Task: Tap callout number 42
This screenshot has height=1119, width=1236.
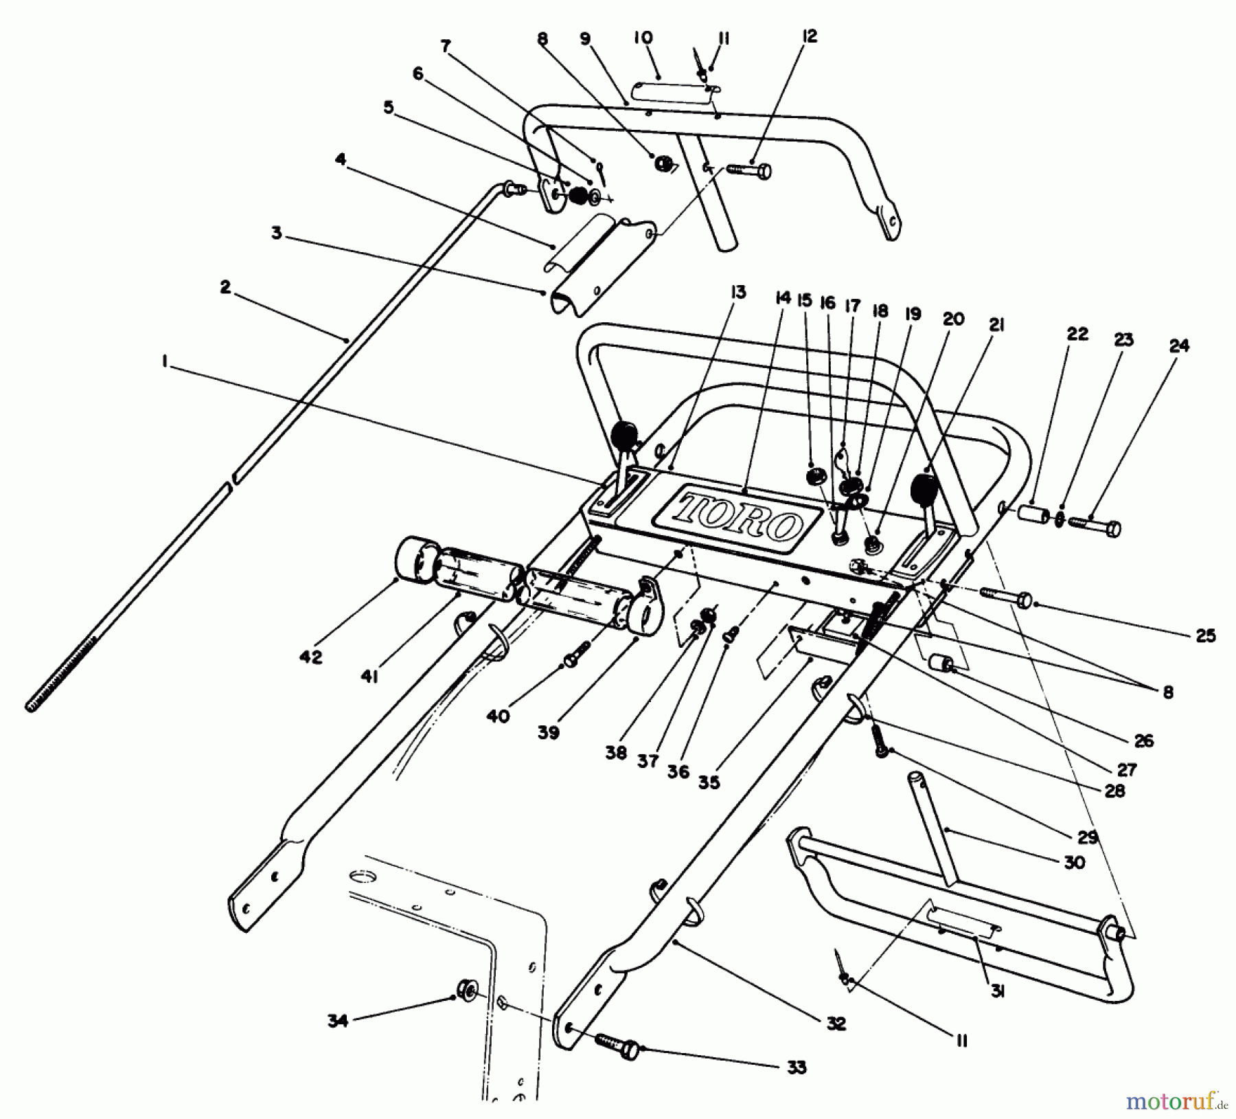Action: coord(310,657)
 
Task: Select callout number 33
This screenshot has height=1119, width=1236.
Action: coord(797,1067)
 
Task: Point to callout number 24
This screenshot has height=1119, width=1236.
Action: coord(1178,346)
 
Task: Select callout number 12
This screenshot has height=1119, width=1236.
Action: coord(810,37)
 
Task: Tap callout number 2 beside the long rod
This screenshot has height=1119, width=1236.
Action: coord(225,287)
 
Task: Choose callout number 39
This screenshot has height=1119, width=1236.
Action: coord(548,732)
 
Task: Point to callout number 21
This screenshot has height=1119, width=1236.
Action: coord(996,325)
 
